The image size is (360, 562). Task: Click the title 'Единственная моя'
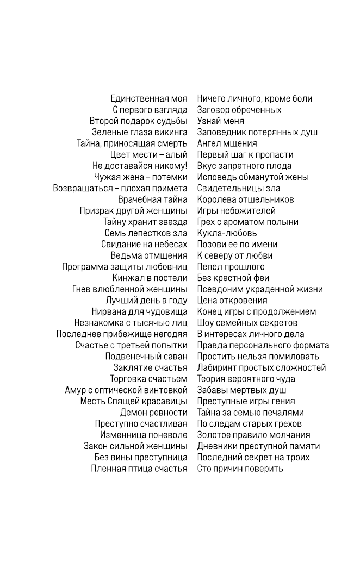pos(148,98)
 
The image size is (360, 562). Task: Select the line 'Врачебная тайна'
pos(152,199)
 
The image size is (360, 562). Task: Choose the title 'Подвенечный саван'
pos(146,357)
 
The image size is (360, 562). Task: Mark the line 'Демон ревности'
pos(153,413)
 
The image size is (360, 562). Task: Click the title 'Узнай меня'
pos(220,121)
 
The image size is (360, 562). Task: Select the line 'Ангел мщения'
pos(227,143)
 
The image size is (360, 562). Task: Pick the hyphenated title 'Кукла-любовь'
pos(227,233)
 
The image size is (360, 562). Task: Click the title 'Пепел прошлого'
pos(231,267)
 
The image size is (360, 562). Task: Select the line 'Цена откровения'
pos(232,301)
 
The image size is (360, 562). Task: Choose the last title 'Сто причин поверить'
pos(240,468)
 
